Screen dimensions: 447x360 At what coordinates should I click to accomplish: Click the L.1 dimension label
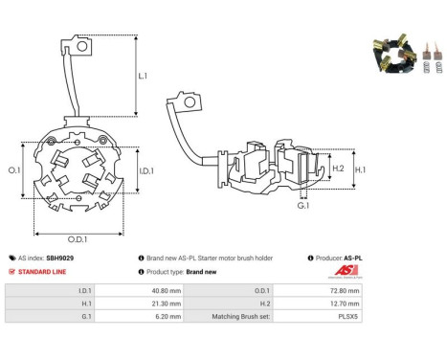point(143,76)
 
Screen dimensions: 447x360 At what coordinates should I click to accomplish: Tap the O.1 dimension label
point(14,170)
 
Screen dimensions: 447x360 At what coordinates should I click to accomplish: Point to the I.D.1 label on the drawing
point(146,171)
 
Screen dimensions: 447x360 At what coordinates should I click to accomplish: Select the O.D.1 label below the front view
point(78,239)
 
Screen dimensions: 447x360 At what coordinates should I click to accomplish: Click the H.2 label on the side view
point(338,169)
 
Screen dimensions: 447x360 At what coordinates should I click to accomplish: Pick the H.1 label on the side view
point(361,169)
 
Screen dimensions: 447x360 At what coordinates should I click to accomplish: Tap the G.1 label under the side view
point(303,205)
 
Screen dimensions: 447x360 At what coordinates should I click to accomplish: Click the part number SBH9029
point(60,258)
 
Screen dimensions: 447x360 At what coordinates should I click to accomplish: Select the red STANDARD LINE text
point(42,272)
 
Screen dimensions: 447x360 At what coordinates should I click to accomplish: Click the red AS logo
point(346,271)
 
